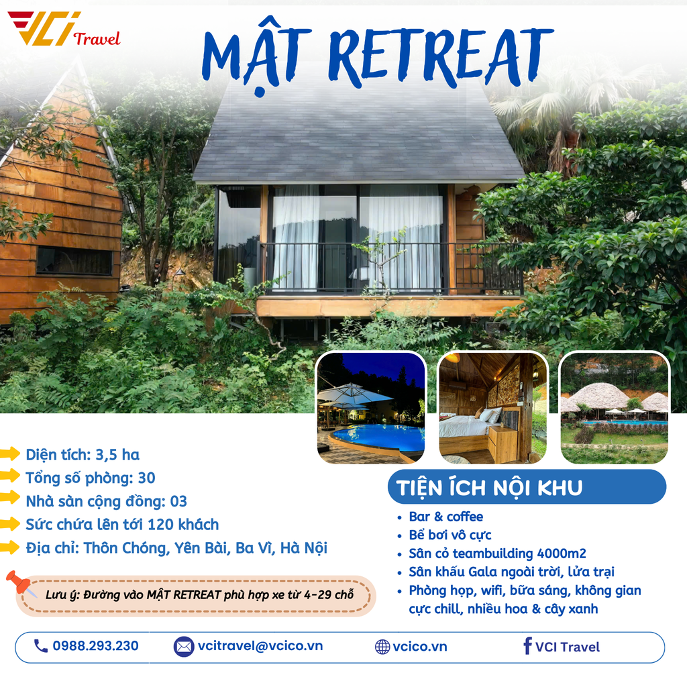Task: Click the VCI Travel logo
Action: coord(64,30)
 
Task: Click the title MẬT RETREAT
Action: coord(378,54)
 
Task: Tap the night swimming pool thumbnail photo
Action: coord(371,408)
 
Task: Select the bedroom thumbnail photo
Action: coord(493,408)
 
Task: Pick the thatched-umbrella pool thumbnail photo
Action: coord(615,408)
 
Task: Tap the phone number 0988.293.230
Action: coord(95,646)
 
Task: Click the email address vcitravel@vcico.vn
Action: coord(260,646)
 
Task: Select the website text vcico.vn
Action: coord(419,647)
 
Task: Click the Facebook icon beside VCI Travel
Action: coord(527,646)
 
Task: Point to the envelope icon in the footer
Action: coord(183,647)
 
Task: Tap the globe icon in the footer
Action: coord(382,647)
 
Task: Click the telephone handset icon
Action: coord(41,646)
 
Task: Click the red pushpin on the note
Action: coord(18,582)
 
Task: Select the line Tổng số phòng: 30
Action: coord(91,478)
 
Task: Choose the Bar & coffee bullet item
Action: coord(445,517)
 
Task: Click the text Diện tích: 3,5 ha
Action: coord(83,455)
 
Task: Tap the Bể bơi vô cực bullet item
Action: coord(450,535)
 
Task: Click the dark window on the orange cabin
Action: coord(74,260)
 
